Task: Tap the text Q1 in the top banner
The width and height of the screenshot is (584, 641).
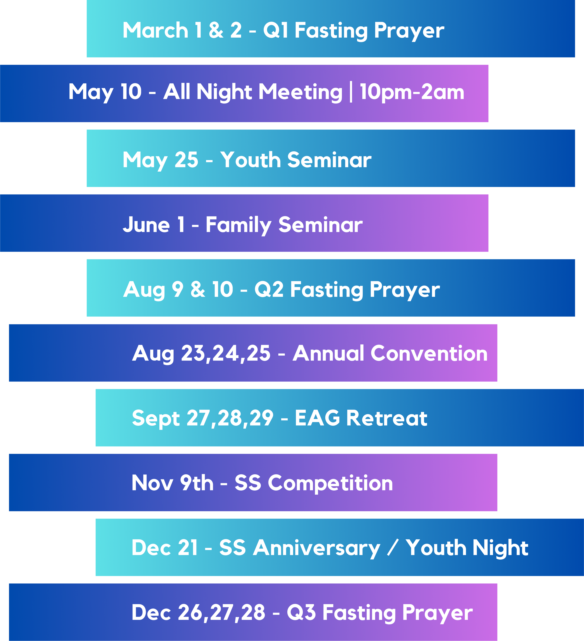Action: point(276,31)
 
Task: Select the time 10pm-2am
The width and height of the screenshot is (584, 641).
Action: point(412,92)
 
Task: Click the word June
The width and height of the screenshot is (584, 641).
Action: point(146,225)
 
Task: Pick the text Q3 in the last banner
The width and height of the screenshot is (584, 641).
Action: point(301,613)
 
